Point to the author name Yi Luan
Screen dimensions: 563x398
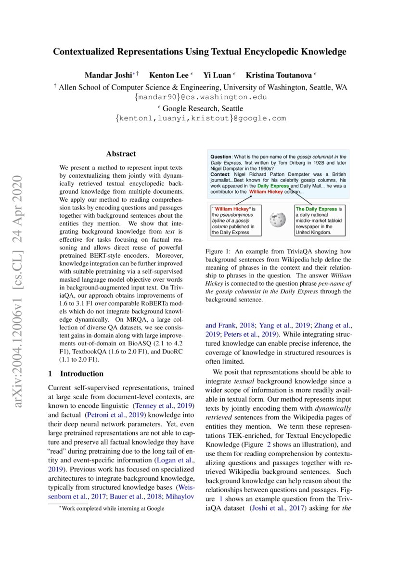pos(217,75)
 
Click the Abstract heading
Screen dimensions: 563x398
pos(121,154)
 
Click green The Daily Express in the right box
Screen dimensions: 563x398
pos(316,209)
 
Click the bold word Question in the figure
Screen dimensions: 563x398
pos(221,157)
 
